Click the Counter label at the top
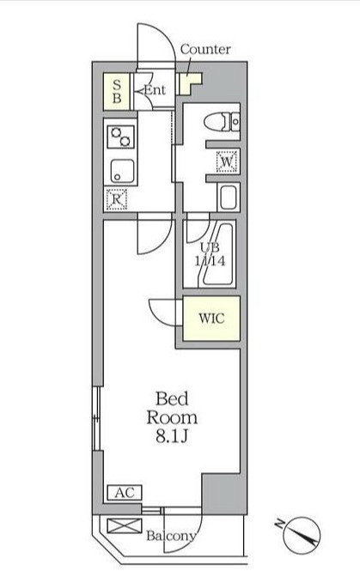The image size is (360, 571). point(205,49)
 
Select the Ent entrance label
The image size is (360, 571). point(155,90)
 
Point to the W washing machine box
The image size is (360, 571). point(226,161)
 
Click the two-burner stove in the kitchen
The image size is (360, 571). point(119,136)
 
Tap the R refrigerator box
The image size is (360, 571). point(117,199)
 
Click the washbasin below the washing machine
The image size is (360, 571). point(228,197)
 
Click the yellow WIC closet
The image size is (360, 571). point(211,317)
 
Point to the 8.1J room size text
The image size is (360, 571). point(176,437)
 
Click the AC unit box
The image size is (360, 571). point(122,493)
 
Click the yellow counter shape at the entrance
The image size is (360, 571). point(188,83)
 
